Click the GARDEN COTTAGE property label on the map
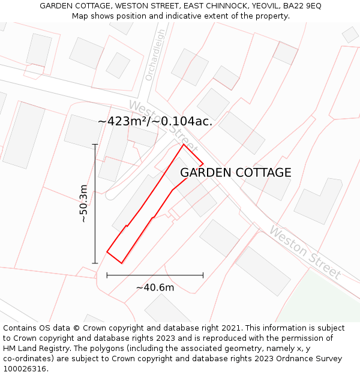[x=236, y=173]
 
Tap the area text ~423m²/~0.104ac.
[x=155, y=121]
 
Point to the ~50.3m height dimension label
[x=83, y=204]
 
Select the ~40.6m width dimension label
[x=155, y=287]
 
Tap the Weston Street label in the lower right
[x=305, y=253]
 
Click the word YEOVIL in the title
[x=262, y=5]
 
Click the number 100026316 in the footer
[x=25, y=369]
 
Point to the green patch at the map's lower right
[x=324, y=300]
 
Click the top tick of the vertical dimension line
[x=95, y=145]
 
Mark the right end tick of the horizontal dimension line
[x=203, y=275]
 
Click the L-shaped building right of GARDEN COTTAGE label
[x=318, y=201]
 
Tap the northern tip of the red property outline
[x=184, y=145]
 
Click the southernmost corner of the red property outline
[x=122, y=263]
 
